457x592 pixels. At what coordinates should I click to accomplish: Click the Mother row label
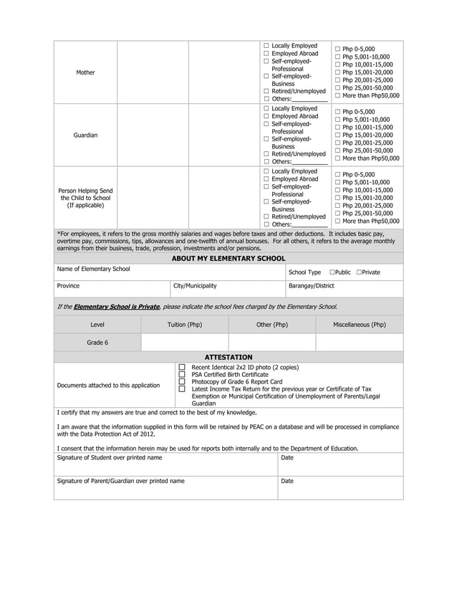85,72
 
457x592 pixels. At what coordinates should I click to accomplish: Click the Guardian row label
85,135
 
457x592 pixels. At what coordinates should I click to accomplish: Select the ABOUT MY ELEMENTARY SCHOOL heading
228,258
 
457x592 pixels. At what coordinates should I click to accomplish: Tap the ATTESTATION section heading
228,357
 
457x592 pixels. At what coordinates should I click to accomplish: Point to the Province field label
69,285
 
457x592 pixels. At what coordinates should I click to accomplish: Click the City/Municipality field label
195,285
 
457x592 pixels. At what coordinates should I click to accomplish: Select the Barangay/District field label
311,285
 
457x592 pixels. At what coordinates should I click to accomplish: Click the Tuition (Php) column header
185,325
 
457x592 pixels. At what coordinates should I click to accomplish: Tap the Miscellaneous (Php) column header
360,325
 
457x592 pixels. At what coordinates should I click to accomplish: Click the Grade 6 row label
97,343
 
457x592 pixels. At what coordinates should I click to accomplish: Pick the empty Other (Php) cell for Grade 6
272,343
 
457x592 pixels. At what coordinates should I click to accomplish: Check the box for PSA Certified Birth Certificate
182,374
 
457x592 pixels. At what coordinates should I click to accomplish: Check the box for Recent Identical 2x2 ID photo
182,367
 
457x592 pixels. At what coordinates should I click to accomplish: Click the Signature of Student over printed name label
110,457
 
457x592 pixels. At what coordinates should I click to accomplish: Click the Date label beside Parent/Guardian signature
287,481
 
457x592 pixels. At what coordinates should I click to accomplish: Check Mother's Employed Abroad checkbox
266,54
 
